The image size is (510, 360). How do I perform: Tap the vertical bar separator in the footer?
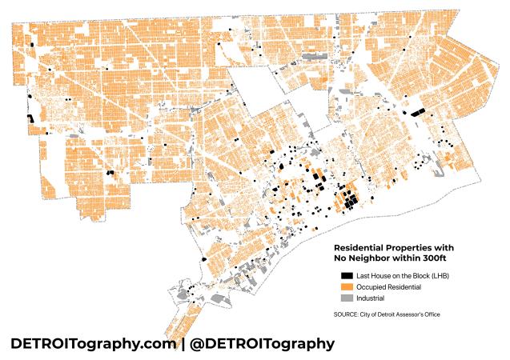click(x=183, y=343)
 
